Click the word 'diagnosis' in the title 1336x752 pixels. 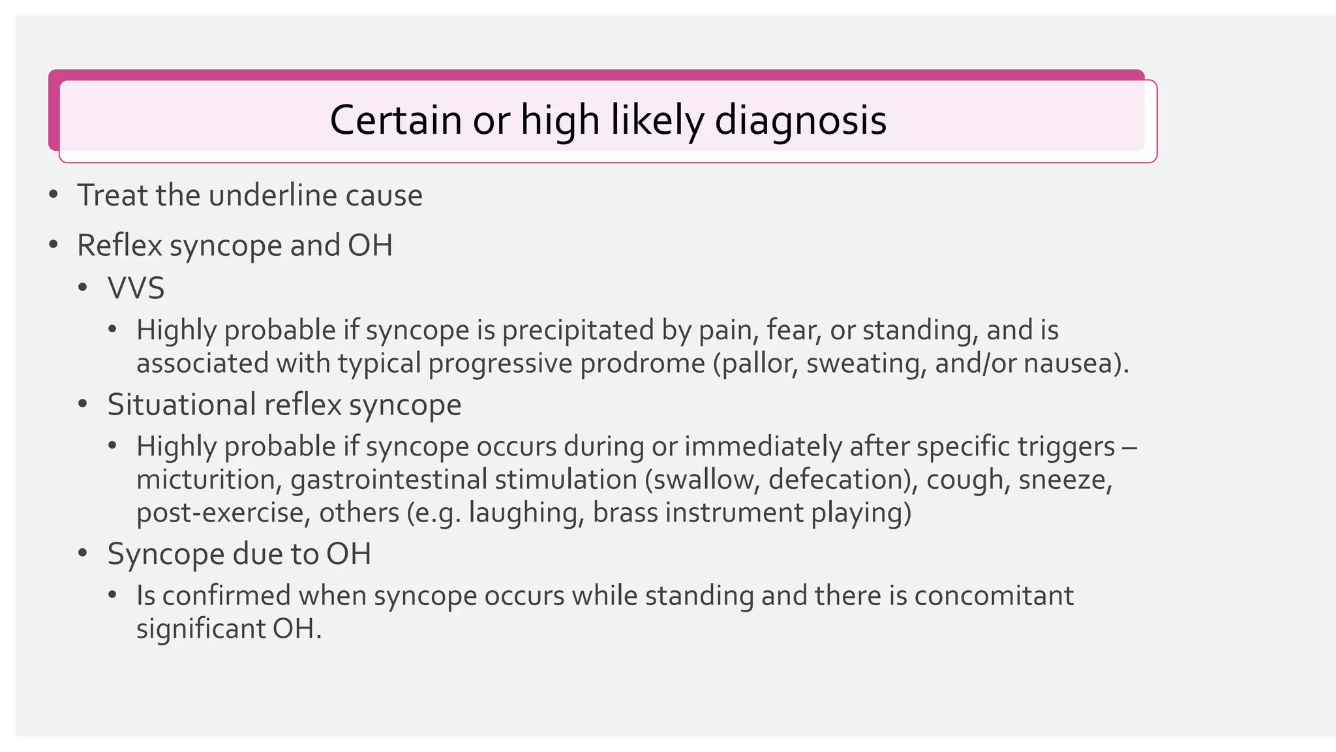tap(800, 120)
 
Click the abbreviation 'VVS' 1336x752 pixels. tap(136, 288)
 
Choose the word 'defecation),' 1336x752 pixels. tap(843, 480)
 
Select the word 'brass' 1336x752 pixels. tap(625, 512)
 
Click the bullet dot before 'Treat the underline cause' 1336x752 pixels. tap(53, 195)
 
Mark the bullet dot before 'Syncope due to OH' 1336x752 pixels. tap(82, 554)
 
